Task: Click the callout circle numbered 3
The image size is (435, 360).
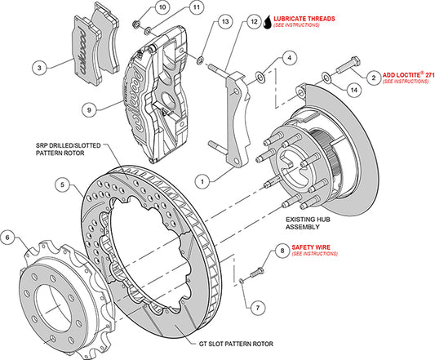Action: [x=39, y=68]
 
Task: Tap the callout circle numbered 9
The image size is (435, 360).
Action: [x=89, y=110]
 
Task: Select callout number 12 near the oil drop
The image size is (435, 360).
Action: [x=254, y=21]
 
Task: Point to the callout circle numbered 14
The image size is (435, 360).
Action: [x=354, y=90]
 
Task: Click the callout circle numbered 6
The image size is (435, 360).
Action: [x=7, y=238]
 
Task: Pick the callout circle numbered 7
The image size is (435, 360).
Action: [x=258, y=308]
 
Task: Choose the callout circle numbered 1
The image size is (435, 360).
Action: [x=202, y=181]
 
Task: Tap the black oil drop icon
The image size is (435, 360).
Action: [x=268, y=22]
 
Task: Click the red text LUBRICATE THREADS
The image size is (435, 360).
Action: [x=304, y=19]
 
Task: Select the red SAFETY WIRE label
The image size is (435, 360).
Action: [x=311, y=247]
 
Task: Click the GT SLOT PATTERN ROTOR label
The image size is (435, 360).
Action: [x=236, y=344]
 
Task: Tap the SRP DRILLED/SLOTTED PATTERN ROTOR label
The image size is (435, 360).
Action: [x=69, y=149]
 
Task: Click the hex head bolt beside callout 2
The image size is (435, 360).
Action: [x=348, y=65]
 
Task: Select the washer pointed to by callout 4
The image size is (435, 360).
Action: [x=260, y=77]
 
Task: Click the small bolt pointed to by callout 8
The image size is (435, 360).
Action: [x=257, y=272]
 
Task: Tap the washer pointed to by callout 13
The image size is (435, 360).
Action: [x=200, y=60]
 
